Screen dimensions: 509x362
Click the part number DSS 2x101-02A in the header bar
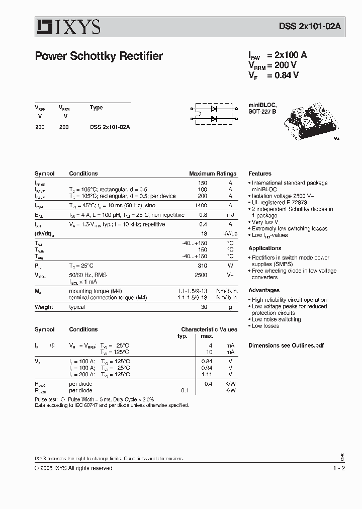tap(300, 28)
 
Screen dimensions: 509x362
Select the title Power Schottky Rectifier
tap(99, 56)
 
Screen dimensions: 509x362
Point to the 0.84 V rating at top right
tap(287, 75)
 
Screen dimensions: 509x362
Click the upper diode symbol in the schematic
tap(214, 108)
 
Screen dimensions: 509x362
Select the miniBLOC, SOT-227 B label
tap(262, 108)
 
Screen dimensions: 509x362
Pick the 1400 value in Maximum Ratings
tap(200, 205)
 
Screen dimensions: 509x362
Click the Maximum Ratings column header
tap(213, 174)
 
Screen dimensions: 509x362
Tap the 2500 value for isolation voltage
tap(201, 275)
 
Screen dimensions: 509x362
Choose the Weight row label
tap(44, 307)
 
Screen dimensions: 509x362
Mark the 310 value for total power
tap(202, 266)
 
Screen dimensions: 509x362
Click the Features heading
tap(259, 174)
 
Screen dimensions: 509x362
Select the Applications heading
tap(264, 248)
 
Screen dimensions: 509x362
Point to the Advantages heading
tap(264, 290)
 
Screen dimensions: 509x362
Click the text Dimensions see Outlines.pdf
tap(286, 346)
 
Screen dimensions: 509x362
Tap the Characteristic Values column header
tap(209, 329)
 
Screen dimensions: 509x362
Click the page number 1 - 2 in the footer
tap(339, 468)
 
